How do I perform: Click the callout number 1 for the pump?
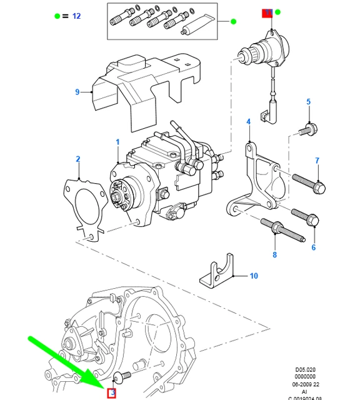click(117, 143)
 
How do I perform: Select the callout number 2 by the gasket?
click(78, 159)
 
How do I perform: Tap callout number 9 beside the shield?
click(77, 92)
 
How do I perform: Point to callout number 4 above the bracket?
click(248, 121)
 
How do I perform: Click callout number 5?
click(308, 102)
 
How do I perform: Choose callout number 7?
click(314, 247)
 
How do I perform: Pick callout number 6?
click(317, 161)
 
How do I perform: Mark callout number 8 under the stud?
click(274, 254)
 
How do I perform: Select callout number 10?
click(253, 275)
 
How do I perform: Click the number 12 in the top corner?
click(76, 16)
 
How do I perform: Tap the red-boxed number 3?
click(112, 393)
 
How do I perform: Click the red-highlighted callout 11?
click(267, 12)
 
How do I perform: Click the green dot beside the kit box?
click(233, 22)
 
